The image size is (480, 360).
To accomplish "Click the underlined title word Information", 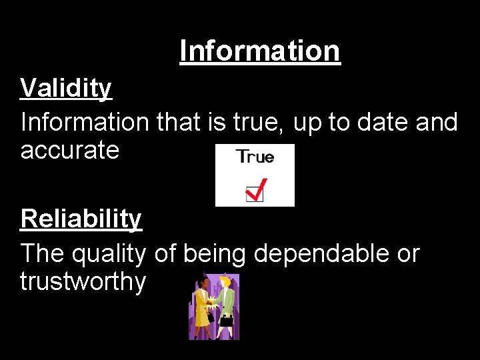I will [260, 51].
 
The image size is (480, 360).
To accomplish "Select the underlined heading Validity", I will [66, 88].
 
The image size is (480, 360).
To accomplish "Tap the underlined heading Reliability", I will [81, 219].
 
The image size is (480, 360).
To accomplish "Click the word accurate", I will [69, 151].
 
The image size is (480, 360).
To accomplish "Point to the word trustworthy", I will [83, 282].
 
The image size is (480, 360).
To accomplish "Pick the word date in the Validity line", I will [383, 122].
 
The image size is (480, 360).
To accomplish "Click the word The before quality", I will [42, 254].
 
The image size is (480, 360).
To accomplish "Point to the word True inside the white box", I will [255, 157].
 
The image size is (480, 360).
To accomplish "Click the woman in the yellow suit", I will [201, 308].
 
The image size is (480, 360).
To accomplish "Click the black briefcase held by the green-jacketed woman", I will [227, 321].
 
